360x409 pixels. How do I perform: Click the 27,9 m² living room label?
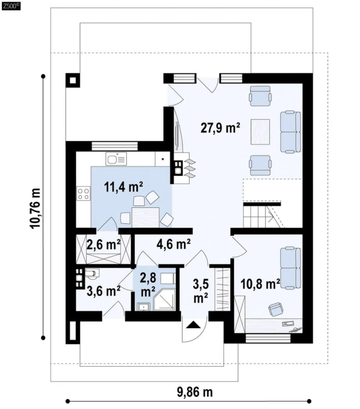click(220, 128)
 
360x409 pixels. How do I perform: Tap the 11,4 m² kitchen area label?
click(124, 187)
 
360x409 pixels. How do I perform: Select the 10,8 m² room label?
click(261, 284)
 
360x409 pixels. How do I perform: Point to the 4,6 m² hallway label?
click(174, 244)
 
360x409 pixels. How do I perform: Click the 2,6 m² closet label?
click(103, 245)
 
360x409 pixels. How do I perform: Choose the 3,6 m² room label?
click(103, 291)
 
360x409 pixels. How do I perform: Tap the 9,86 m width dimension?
click(195, 391)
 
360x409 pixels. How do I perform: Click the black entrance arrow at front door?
click(193, 325)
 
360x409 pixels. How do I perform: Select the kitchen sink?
click(116, 159)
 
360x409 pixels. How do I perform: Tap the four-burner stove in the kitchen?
click(83, 194)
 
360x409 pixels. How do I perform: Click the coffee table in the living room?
click(260, 132)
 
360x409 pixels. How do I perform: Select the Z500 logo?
click(10, 6)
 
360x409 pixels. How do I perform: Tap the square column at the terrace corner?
click(73, 80)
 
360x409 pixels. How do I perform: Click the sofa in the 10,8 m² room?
click(290, 268)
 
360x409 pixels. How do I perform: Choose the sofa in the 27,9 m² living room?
click(290, 132)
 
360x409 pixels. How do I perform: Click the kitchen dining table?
click(146, 217)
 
